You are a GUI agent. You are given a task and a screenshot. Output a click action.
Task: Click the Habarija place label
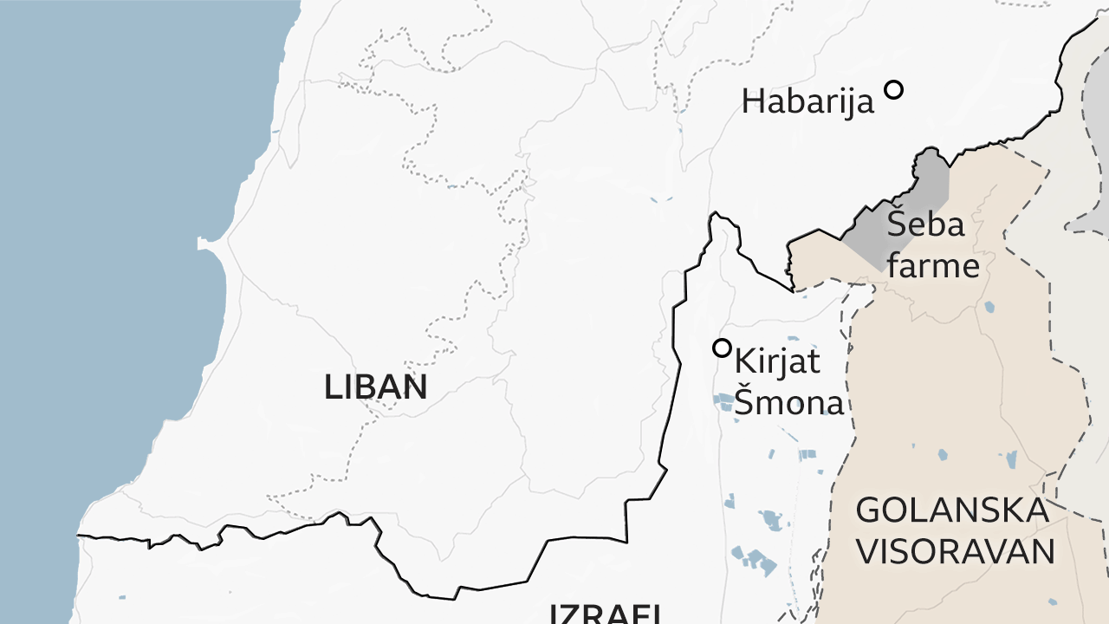pos(807,102)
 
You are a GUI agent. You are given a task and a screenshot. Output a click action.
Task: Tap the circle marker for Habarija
pos(893,89)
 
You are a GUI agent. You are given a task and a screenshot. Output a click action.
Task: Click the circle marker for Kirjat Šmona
pos(722,348)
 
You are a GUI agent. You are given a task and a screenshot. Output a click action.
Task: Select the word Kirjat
pos(777,362)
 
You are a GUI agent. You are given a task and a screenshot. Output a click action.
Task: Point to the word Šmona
pos(788,403)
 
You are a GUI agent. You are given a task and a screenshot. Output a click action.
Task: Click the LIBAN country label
pos(375,387)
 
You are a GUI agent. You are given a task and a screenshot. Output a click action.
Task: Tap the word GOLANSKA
pos(951,510)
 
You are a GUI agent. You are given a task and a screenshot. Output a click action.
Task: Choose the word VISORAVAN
pos(955,552)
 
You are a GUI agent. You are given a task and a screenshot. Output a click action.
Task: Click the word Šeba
pos(925,224)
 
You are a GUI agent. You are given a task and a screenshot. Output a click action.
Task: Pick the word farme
pos(933,266)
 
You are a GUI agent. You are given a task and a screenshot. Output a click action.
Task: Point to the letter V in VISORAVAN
pos(866,552)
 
